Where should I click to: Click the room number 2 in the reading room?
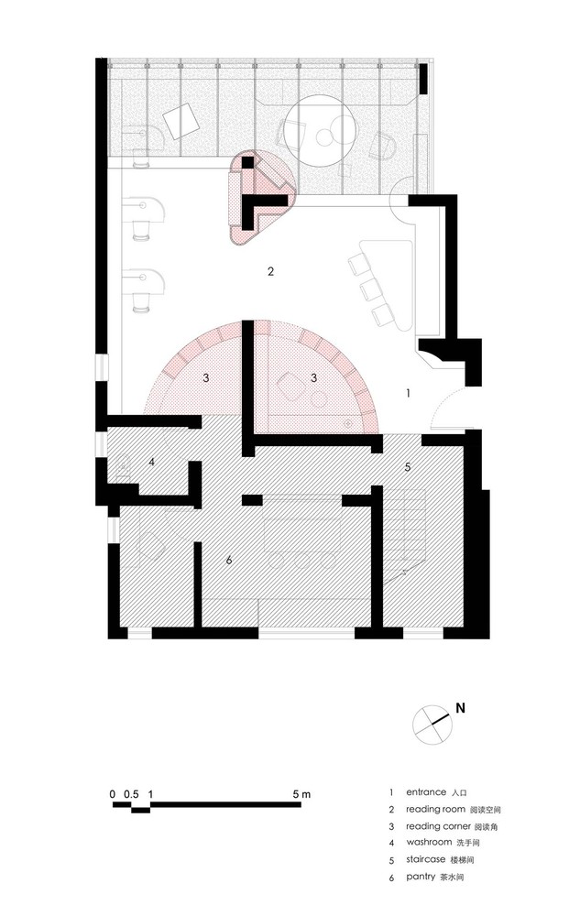[270, 271]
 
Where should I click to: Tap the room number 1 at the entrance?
[409, 393]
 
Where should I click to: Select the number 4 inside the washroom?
[152, 462]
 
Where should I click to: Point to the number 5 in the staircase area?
[408, 467]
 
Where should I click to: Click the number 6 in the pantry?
[229, 560]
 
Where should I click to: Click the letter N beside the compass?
[460, 708]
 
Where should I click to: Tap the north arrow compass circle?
[432, 725]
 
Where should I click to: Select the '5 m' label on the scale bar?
[302, 794]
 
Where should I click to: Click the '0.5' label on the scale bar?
[131, 794]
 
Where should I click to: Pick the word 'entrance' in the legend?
[426, 792]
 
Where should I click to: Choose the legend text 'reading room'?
[436, 809]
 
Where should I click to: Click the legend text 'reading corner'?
[438, 826]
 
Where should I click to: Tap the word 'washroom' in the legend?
[430, 842]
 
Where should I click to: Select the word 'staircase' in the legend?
[426, 859]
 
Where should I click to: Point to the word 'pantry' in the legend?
[421, 877]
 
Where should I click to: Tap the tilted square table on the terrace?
[181, 121]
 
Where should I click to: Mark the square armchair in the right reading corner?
[290, 387]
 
